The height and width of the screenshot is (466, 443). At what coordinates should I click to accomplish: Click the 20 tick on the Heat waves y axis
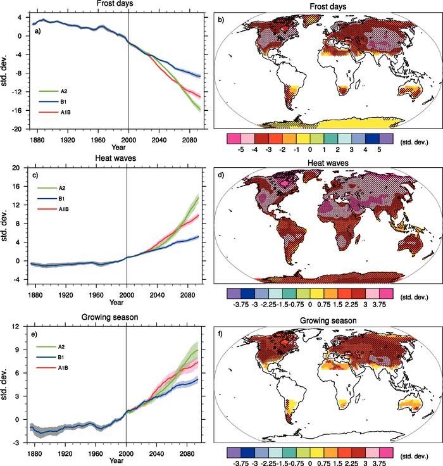tap(20, 168)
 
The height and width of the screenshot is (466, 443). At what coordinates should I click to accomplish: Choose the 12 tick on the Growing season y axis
tap(20, 326)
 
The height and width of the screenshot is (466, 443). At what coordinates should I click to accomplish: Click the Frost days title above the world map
tap(322, 4)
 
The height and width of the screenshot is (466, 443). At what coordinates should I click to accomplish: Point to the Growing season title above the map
tap(322, 321)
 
